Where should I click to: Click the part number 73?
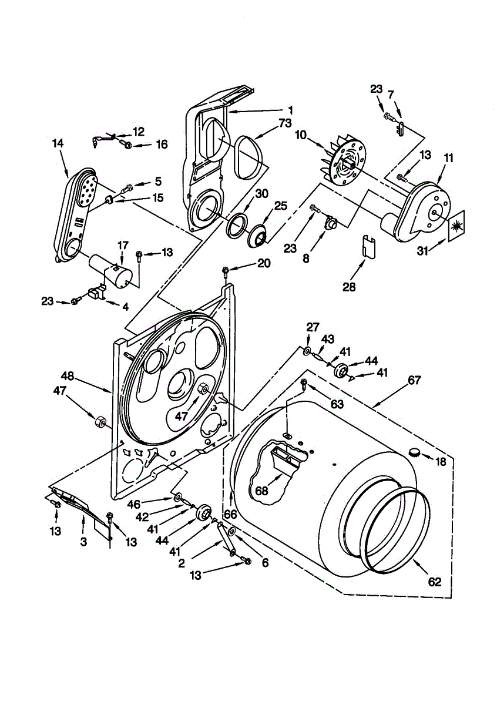(x=284, y=123)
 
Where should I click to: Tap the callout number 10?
(x=300, y=135)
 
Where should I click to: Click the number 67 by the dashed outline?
(x=414, y=381)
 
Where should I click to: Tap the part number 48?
(x=68, y=376)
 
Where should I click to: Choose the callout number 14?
(x=58, y=143)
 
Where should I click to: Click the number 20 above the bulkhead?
(x=263, y=263)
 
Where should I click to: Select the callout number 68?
(x=261, y=491)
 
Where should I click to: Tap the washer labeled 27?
(x=307, y=350)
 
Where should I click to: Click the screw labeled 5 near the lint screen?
(x=126, y=189)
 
